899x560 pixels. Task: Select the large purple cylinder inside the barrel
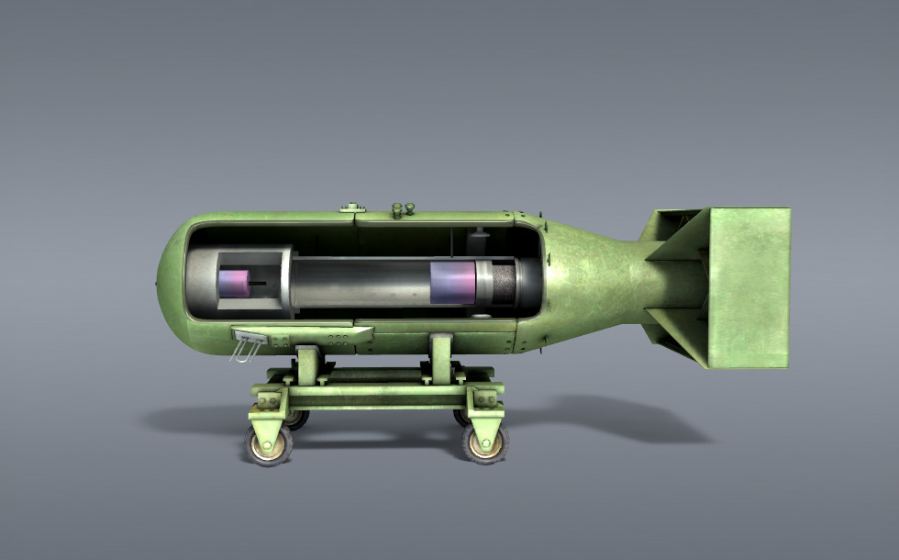coord(452,282)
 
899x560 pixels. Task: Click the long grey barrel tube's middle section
coord(362,282)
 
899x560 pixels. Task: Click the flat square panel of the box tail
coord(749,287)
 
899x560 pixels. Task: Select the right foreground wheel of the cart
coord(483,444)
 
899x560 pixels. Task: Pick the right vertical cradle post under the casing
coord(440,357)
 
